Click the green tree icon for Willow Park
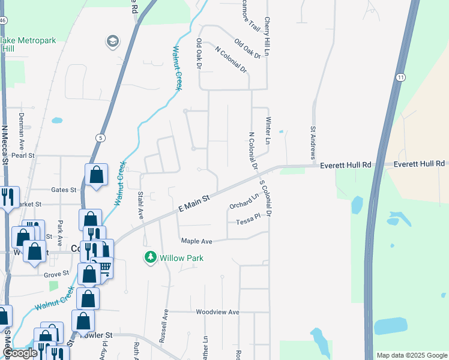[151, 257]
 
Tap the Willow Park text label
[181, 258]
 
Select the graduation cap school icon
[112, 41]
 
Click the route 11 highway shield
[400, 77]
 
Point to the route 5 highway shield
[100, 138]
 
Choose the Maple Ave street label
[197, 241]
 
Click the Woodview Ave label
[217, 312]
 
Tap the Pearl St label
[24, 155]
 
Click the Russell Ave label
[164, 326]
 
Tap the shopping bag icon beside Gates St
[96, 175]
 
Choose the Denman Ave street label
[21, 131]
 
